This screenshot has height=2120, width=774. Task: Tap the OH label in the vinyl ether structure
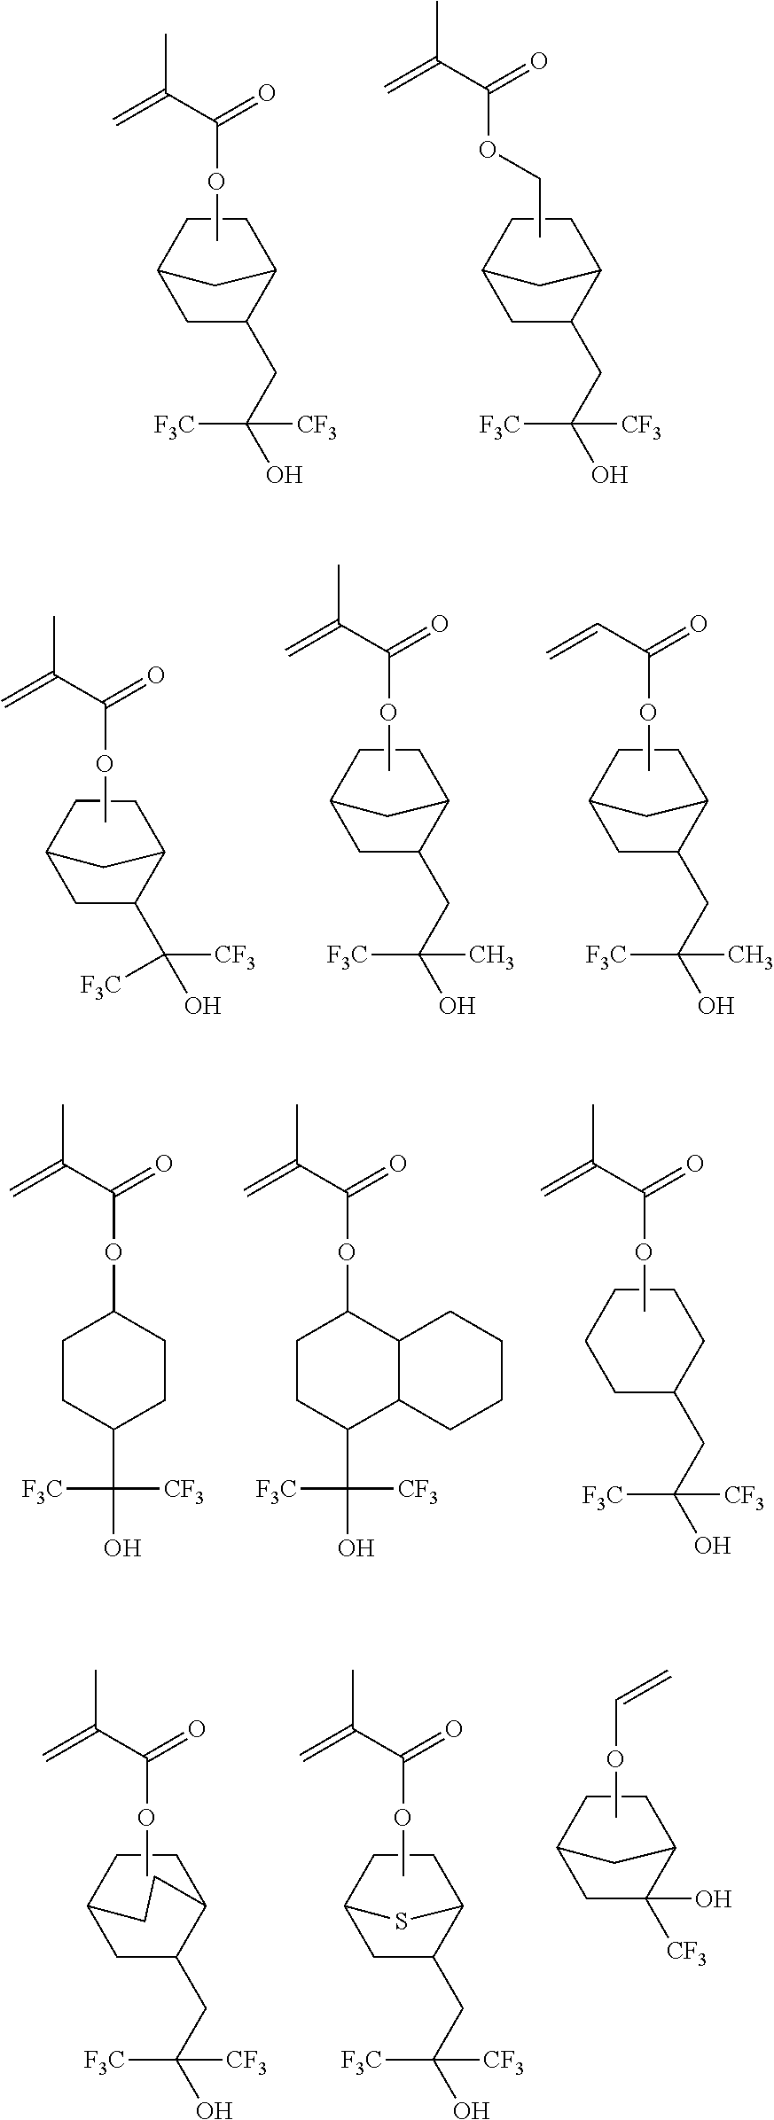coord(713,1898)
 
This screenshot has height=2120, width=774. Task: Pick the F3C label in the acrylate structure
coord(606,955)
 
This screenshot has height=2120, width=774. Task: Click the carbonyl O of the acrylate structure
coord(699,625)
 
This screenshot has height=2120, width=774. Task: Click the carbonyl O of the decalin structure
coord(398,1164)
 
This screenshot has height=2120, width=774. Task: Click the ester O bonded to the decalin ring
coord(348,1252)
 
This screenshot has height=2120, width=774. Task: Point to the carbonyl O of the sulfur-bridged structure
coord(453,1729)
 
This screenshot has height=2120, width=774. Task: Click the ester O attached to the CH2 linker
coord(487,150)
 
